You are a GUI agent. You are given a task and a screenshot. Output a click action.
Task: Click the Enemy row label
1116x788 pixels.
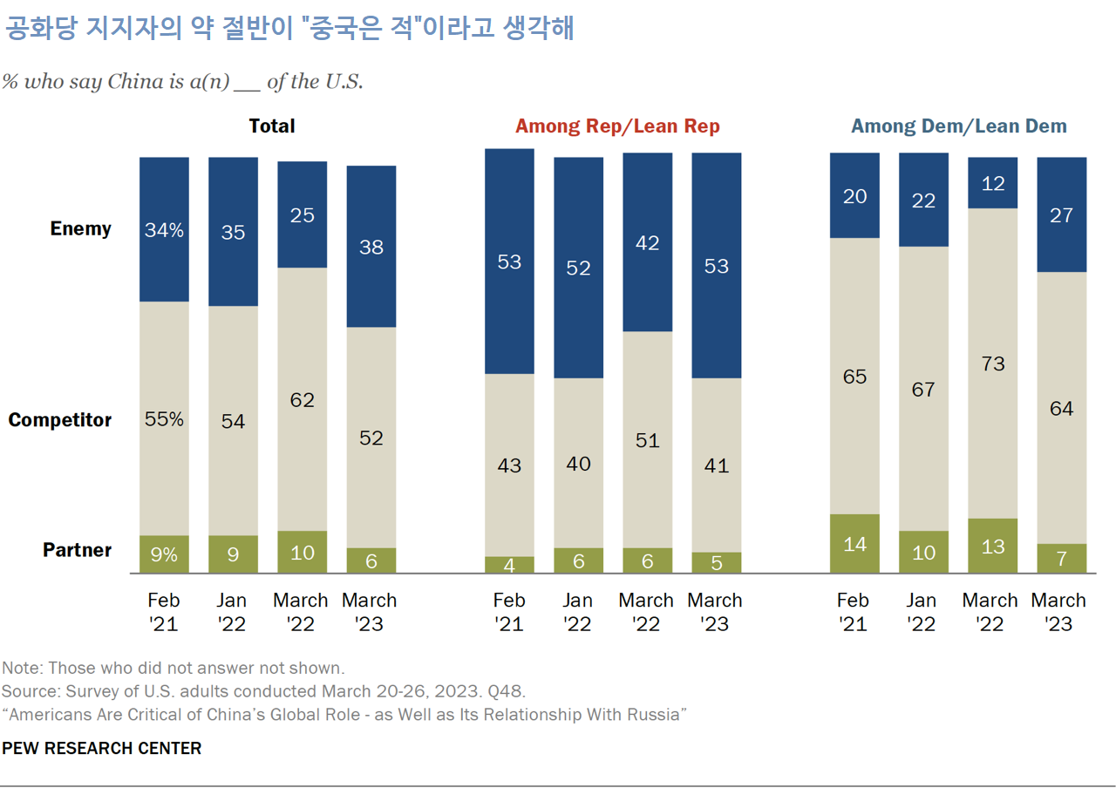click(x=81, y=228)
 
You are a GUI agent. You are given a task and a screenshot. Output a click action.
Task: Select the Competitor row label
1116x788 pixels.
click(x=60, y=420)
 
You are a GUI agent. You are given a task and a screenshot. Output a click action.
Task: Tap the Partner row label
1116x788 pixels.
click(x=78, y=550)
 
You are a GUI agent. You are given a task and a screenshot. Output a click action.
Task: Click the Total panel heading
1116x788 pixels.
click(x=272, y=126)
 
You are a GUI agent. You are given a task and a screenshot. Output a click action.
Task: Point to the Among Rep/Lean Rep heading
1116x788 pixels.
click(x=617, y=126)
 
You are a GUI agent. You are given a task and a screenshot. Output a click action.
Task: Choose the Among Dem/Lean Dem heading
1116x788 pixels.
click(x=959, y=126)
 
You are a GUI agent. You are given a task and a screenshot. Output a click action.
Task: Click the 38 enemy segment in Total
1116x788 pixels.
click(x=371, y=247)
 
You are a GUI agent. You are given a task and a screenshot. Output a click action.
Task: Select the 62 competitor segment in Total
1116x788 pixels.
click(x=303, y=400)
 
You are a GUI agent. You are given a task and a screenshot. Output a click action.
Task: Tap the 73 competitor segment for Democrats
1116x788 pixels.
click(x=993, y=363)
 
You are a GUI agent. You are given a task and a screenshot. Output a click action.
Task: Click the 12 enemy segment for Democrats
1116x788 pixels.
click(x=993, y=183)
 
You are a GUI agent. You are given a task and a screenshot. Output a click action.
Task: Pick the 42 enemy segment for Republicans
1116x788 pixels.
click(x=647, y=242)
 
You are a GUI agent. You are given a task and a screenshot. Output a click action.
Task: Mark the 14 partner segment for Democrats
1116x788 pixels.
click(x=854, y=544)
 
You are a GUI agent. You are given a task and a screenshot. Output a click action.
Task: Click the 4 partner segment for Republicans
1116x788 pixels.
click(x=509, y=565)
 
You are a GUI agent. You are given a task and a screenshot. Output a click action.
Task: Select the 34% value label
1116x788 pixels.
click(x=165, y=231)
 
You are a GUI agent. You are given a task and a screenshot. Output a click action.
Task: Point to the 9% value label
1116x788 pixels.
click(x=165, y=554)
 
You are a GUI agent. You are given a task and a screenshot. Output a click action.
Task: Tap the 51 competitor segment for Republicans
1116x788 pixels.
click(x=647, y=439)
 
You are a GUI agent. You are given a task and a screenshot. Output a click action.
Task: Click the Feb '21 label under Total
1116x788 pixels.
click(x=164, y=612)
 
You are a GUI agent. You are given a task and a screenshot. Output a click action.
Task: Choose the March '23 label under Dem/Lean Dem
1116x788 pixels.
click(x=1058, y=612)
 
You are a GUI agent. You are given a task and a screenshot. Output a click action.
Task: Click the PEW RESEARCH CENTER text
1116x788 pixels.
click(x=102, y=748)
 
